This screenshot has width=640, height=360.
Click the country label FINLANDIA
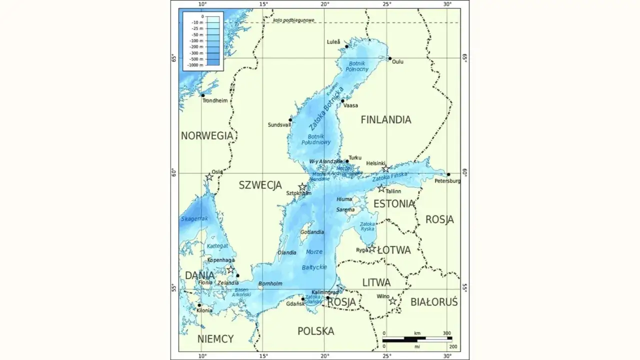(385, 120)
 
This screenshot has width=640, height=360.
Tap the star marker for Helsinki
(385, 169)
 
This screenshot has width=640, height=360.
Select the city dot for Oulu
(390, 58)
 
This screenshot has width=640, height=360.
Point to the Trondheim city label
(214, 100)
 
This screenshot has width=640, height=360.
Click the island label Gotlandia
(311, 232)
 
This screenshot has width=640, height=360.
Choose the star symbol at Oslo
(209, 177)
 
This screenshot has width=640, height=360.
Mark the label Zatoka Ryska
(367, 226)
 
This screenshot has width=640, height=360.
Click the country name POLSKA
(315, 331)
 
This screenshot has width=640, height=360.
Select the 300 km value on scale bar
(446, 333)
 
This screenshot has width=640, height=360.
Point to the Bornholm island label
(270, 284)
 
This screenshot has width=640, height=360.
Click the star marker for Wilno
(392, 301)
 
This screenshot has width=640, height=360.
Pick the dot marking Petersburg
(448, 174)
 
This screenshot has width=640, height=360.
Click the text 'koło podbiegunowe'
(293, 20)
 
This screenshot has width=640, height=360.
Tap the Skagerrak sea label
(194, 219)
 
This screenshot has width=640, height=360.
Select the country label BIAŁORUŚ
(433, 302)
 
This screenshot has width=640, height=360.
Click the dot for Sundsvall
(290, 119)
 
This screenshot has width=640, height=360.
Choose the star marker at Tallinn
(381, 188)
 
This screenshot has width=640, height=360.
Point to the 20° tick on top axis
(324, 4)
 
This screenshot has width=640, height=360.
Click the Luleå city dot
(346, 46)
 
